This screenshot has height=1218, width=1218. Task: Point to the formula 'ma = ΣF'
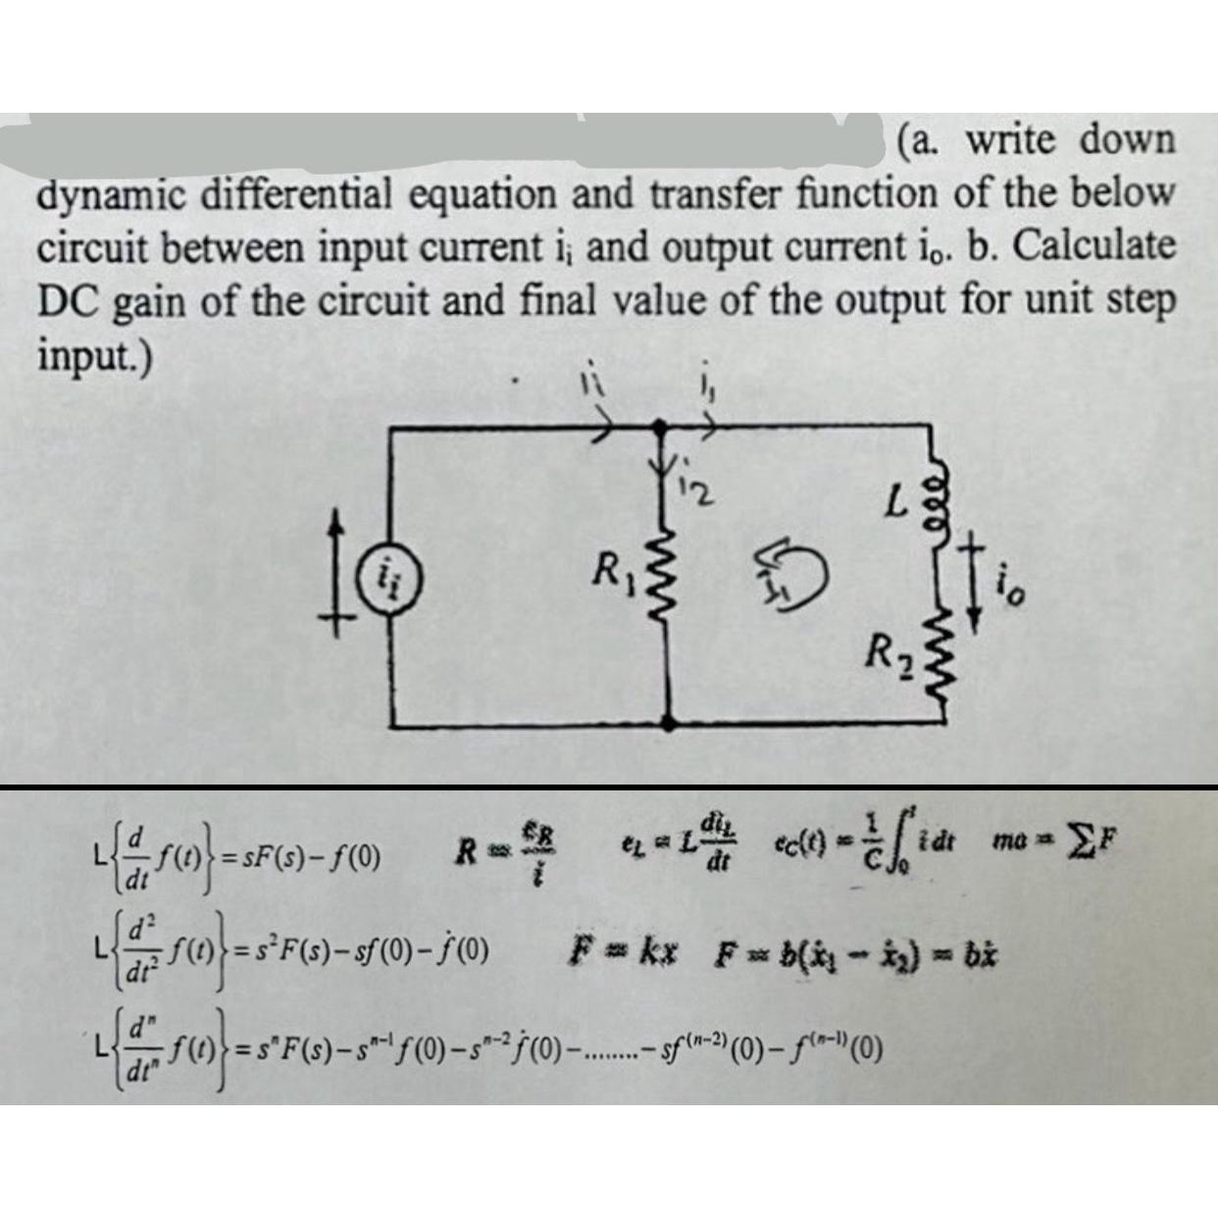coord(1055,841)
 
